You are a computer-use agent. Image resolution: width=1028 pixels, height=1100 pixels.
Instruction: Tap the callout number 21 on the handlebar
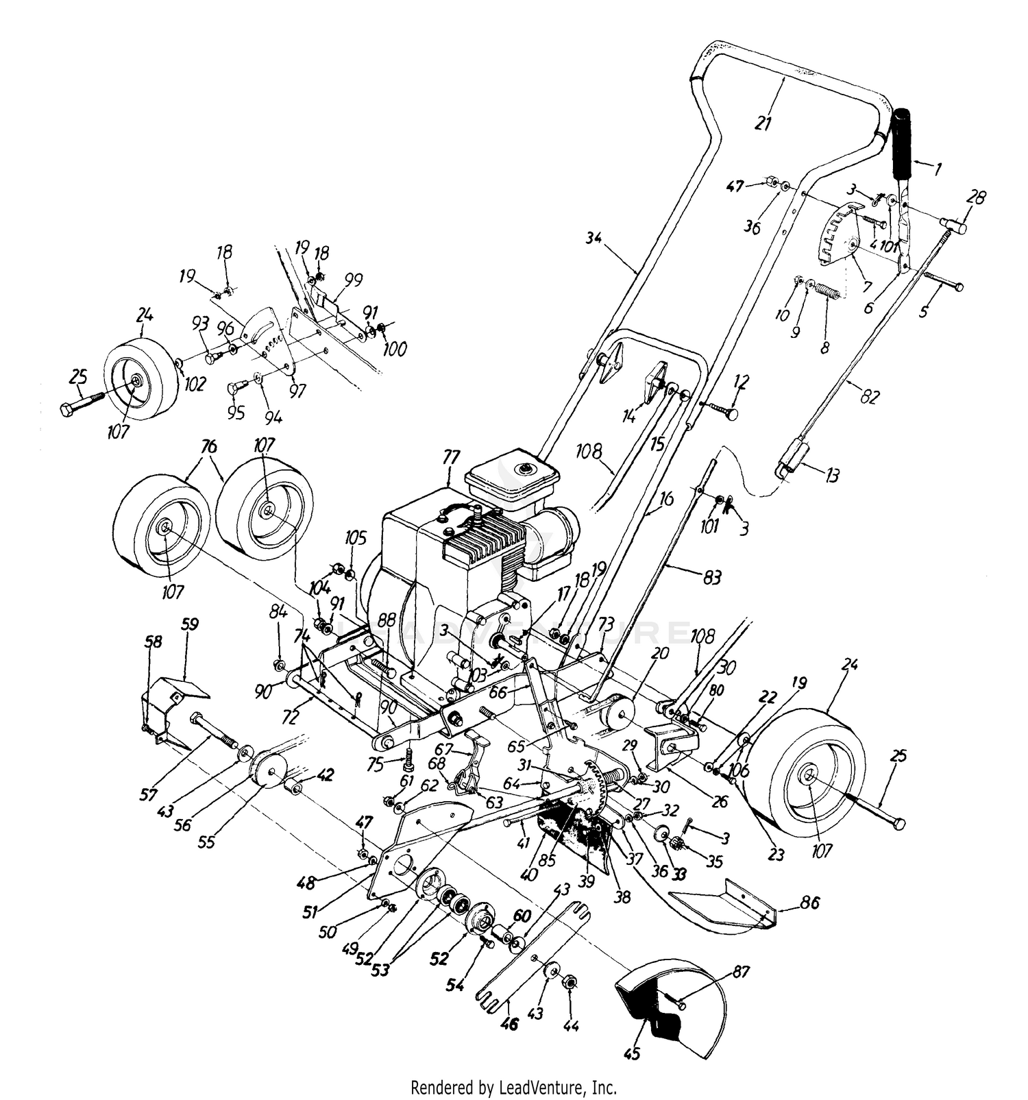[763, 123]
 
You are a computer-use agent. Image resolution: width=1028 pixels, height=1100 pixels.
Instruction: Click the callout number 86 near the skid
[809, 903]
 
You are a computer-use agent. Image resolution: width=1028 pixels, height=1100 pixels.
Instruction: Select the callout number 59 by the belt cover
[189, 625]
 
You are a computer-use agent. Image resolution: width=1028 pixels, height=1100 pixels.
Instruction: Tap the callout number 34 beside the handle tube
[593, 239]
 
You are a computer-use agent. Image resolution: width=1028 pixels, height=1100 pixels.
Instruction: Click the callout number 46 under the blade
[509, 1025]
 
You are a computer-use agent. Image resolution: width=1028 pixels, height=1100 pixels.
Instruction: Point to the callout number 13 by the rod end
[831, 475]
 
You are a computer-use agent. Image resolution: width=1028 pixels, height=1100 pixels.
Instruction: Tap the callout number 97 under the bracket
[297, 391]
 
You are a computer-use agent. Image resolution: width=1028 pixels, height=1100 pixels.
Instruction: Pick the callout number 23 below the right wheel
[776, 855]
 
